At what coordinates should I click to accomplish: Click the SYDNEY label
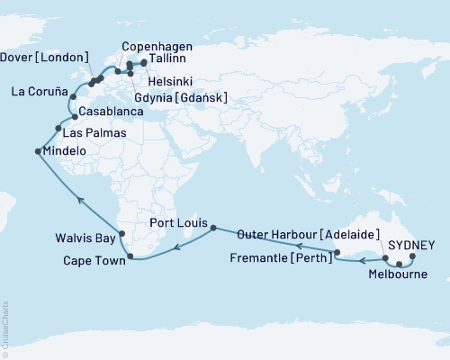point(413,244)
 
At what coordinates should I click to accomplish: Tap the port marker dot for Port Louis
point(213,229)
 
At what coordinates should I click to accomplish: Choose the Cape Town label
point(94,260)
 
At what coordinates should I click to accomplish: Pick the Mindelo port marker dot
point(37,151)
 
